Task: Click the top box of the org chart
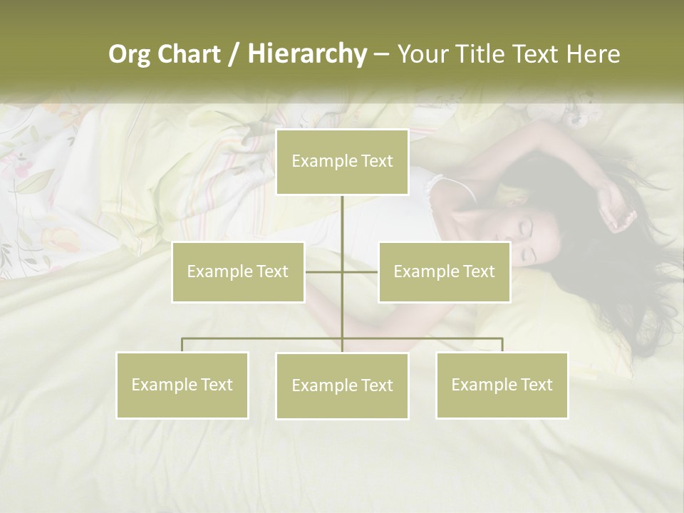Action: (342, 162)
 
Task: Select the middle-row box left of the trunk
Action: (238, 271)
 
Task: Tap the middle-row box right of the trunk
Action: (444, 271)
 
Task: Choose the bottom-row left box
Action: (182, 385)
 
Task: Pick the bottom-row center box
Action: (342, 386)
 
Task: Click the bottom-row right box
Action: (502, 385)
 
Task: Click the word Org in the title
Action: (129, 54)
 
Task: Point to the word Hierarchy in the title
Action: (307, 54)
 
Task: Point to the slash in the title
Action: (234, 54)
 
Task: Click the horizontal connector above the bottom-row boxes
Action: (264, 338)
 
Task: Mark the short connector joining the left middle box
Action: (323, 271)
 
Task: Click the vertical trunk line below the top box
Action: (342, 221)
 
